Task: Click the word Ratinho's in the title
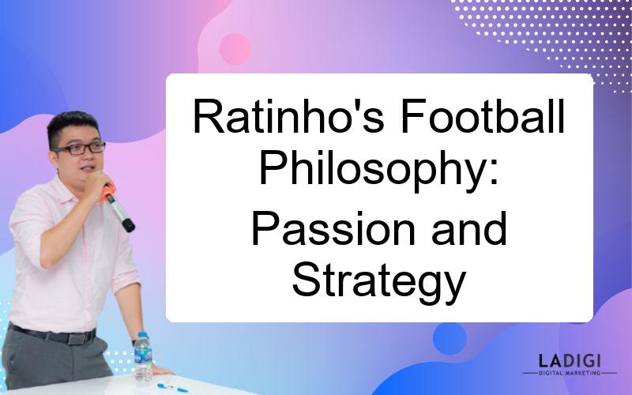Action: (288, 116)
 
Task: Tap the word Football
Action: (483, 116)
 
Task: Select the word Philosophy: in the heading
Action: (379, 169)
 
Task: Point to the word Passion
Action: (333, 229)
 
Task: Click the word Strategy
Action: (379, 282)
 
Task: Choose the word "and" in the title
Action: (468, 229)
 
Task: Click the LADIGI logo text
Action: (570, 361)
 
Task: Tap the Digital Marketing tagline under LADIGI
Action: (570, 373)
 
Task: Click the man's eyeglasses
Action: (81, 149)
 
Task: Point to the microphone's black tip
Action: (129, 225)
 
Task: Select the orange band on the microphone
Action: (108, 192)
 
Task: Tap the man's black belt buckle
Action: (76, 339)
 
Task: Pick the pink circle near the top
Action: (235, 49)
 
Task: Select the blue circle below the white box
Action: (450, 338)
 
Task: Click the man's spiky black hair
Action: (71, 126)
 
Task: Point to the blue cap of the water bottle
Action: (142, 335)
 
